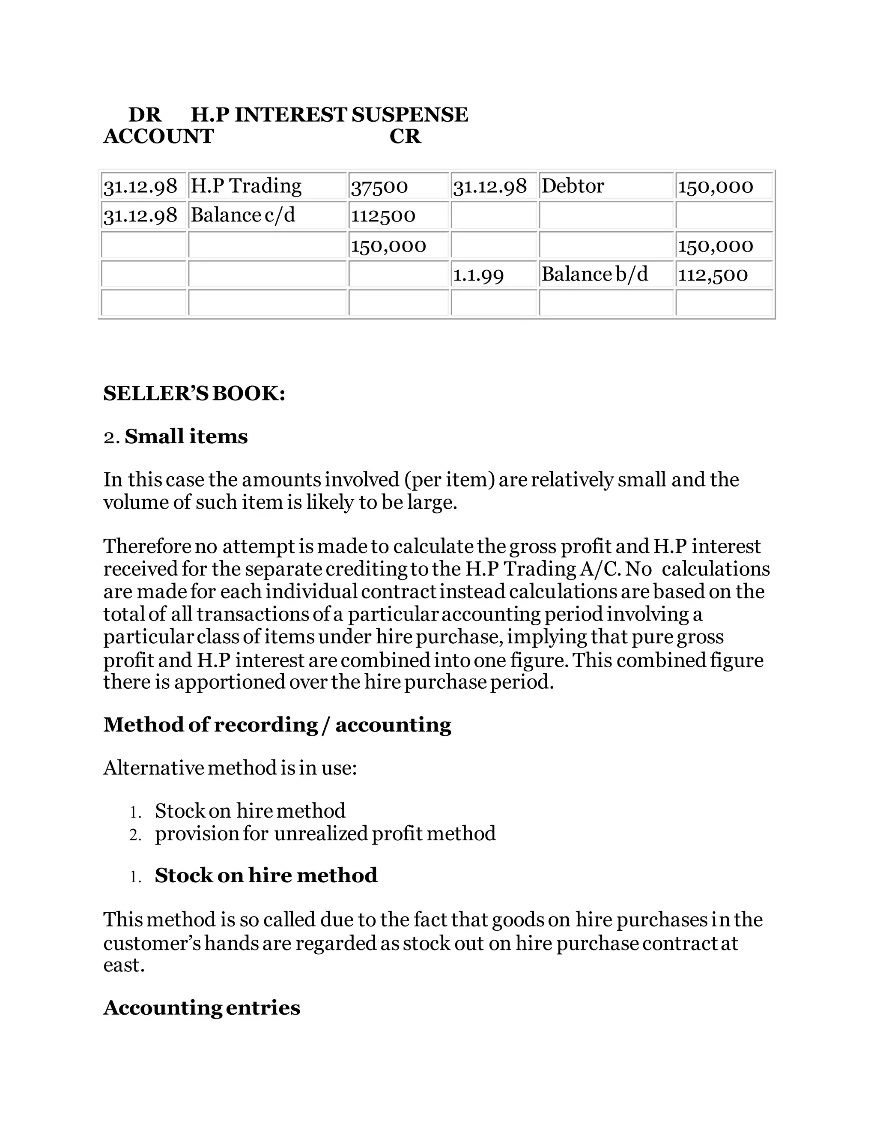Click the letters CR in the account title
click(405, 137)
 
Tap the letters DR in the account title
click(145, 115)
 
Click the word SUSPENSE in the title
click(409, 115)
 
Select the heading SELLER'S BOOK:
click(194, 394)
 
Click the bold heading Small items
click(186, 436)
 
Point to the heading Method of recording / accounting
click(277, 724)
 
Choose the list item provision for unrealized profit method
click(325, 833)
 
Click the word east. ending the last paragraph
click(124, 965)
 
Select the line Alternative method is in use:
click(230, 768)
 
